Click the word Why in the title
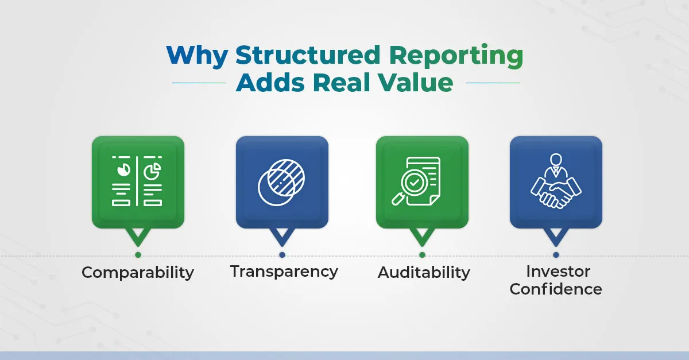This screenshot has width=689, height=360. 197,56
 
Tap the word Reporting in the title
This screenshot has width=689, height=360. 456,56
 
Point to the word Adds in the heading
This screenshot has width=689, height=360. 270,82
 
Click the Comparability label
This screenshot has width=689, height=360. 138,273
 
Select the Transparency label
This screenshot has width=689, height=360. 284,272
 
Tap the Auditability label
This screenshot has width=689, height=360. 424,273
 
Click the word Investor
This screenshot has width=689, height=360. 558,272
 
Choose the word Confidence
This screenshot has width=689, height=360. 556,289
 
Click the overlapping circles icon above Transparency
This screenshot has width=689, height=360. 281,182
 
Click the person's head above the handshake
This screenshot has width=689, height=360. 556,160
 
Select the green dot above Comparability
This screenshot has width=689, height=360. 138,255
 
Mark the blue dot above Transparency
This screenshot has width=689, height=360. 282,255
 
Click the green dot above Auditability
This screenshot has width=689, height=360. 422,255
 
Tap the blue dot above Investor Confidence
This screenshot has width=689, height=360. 556,255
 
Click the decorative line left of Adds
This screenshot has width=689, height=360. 199,83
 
